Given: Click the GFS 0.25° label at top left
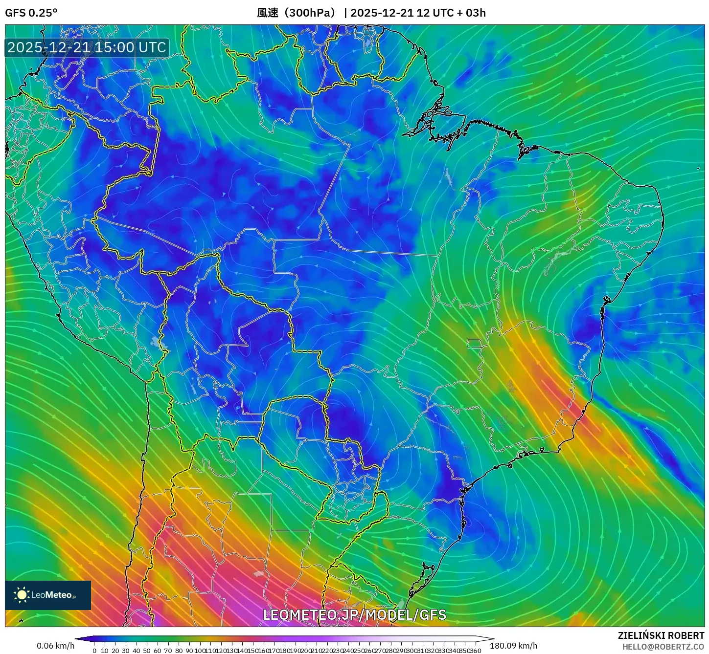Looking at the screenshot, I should click(x=31, y=13).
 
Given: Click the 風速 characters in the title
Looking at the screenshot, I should click(x=268, y=13).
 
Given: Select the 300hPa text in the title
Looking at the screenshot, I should click(x=310, y=13).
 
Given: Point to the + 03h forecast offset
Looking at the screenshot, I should click(x=471, y=13).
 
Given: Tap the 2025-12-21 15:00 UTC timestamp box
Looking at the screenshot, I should click(x=87, y=47).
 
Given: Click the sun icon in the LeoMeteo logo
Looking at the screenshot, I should click(x=22, y=594).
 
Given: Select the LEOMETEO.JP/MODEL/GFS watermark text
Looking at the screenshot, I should click(x=354, y=615).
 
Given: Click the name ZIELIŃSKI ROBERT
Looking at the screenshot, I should click(x=661, y=636).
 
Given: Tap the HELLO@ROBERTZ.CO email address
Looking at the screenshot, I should click(x=663, y=647).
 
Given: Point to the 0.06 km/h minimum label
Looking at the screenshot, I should click(x=55, y=646).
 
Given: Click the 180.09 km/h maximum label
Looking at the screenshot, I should click(x=513, y=646).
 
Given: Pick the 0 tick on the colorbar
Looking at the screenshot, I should click(x=94, y=651).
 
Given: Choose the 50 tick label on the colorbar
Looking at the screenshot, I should click(x=147, y=651).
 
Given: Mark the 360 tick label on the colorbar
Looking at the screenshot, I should click(x=476, y=651).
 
